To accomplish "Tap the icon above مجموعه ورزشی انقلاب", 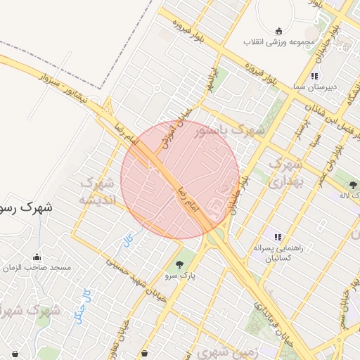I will coord(278,31).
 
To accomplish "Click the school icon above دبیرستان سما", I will coord(315,76).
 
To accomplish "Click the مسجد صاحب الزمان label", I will coord(37,268).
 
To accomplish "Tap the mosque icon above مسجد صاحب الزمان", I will coord(37,257).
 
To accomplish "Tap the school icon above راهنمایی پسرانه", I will coord(278,238).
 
